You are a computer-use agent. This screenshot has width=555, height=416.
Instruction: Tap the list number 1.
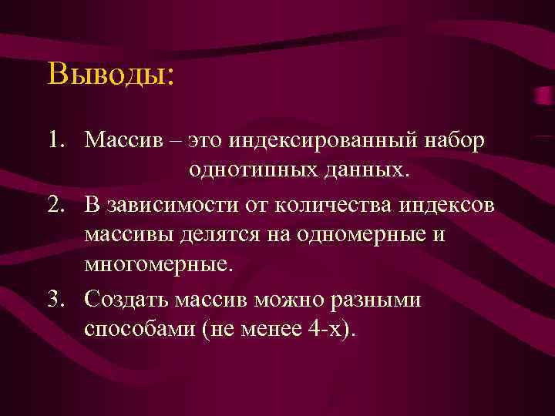tap(53, 140)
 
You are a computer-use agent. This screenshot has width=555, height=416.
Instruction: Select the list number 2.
tap(53, 206)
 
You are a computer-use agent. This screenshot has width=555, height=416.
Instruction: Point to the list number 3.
tap(53, 298)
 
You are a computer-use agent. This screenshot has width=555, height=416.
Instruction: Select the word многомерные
tap(157, 264)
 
